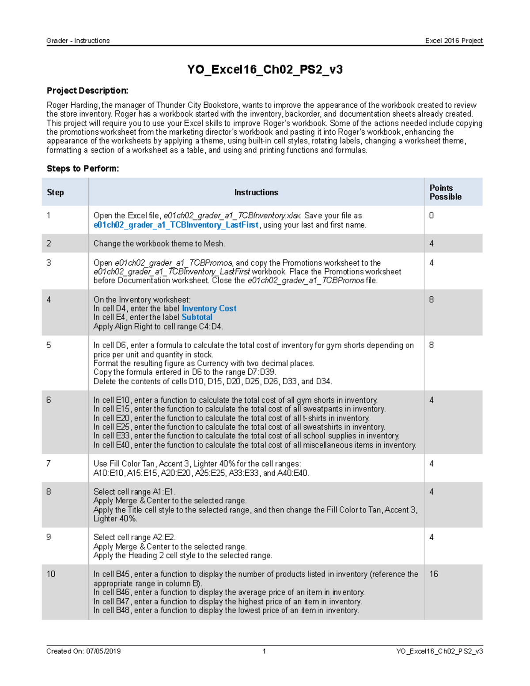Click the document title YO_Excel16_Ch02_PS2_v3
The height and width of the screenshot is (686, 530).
coord(265,70)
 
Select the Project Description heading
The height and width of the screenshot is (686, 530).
coord(87,91)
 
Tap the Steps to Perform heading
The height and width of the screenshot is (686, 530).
coord(83,168)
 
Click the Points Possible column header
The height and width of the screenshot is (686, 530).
coord(445,192)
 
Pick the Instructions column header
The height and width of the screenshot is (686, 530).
coord(256,192)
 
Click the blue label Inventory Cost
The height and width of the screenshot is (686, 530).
coord(209,308)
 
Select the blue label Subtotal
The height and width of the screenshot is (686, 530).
coord(197,317)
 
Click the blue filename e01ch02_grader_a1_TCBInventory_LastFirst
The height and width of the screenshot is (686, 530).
coord(176,225)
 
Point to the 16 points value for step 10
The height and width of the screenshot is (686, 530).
coord(434,574)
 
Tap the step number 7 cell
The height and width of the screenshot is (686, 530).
coord(49,463)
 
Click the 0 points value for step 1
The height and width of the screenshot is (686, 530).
coord(432,216)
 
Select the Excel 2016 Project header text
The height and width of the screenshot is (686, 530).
coord(454,41)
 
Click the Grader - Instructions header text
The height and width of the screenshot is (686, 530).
coord(78,41)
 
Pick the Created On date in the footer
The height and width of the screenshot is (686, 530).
coord(83,651)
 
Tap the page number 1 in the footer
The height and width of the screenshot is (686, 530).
coord(264,651)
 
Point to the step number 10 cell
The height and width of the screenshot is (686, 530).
coord(51,574)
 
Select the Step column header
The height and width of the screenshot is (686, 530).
coord(55,192)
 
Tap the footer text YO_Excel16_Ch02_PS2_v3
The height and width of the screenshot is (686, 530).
coord(439,651)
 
